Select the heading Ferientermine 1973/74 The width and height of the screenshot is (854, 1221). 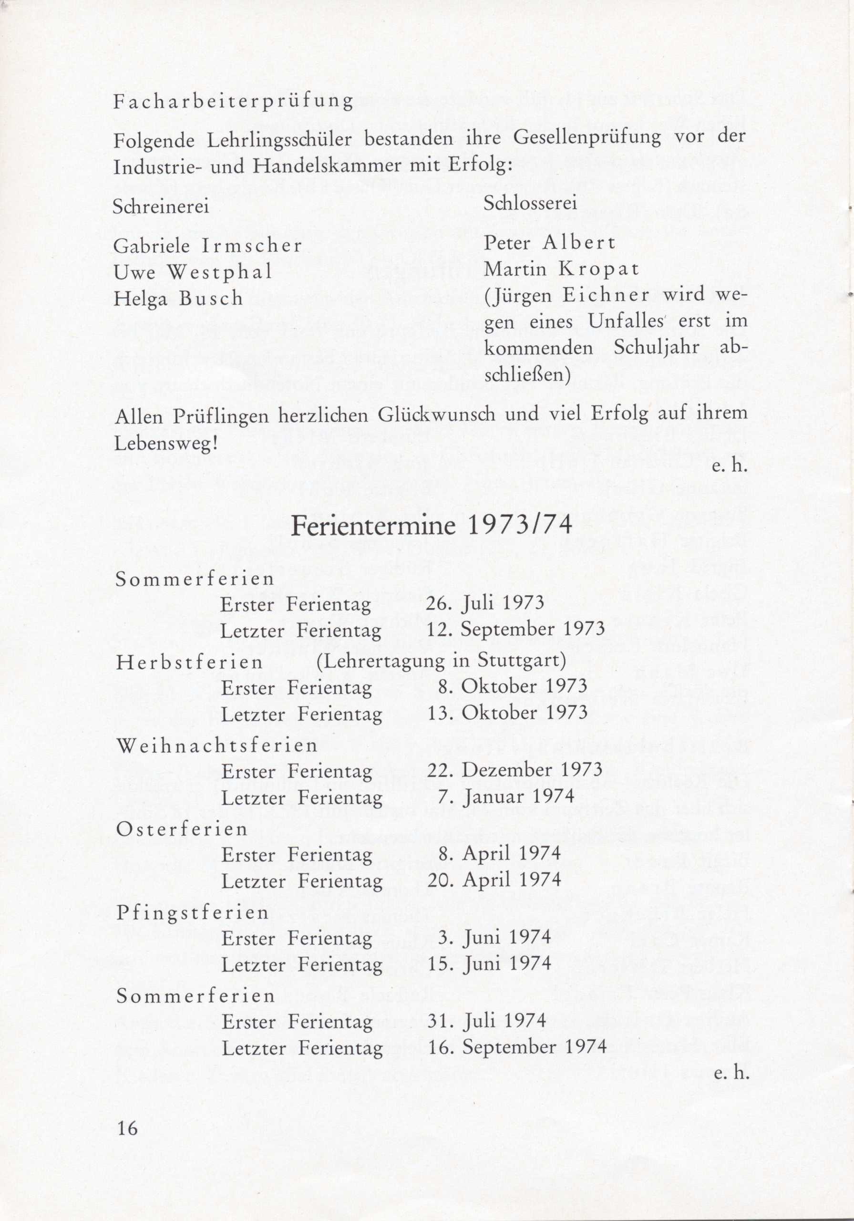[432, 526]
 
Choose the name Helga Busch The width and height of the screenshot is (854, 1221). [178, 299]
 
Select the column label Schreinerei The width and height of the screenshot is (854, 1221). [161, 207]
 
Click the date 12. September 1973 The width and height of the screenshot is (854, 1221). [516, 630]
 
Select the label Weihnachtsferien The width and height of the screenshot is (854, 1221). [216, 745]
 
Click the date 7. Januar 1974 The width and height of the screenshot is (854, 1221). [507, 797]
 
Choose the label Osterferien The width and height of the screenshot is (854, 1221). [182, 829]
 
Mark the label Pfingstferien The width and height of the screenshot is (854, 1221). [193, 912]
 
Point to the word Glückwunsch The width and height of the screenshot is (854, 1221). [438, 415]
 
